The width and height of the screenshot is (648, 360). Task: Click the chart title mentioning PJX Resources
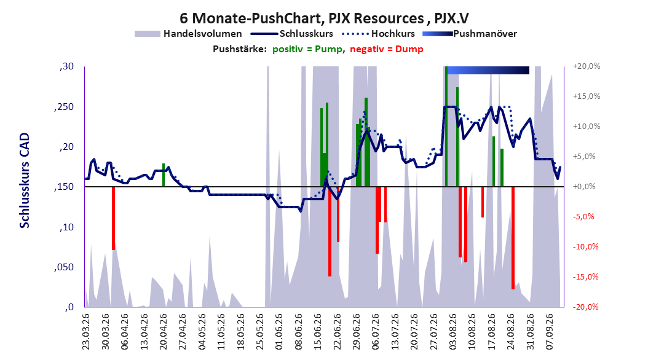(x=324, y=18)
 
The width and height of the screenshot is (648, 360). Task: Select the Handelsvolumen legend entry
(x=189, y=34)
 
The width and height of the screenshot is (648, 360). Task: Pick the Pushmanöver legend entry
(x=470, y=34)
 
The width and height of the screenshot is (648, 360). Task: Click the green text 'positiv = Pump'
(x=307, y=49)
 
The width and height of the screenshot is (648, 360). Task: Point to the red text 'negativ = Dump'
(x=387, y=49)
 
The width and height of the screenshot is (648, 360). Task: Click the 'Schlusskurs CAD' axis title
(x=25, y=181)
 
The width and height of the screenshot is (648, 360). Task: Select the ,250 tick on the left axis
(x=64, y=107)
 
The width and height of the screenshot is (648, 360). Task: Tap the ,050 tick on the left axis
(x=64, y=267)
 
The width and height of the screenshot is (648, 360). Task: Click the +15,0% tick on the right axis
(x=587, y=96)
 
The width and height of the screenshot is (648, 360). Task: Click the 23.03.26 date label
(x=85, y=332)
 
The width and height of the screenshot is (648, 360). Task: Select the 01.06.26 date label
(x=279, y=332)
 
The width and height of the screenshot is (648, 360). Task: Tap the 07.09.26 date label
(x=550, y=332)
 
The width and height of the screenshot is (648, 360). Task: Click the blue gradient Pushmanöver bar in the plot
(x=488, y=70)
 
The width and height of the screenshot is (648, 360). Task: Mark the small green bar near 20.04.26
(x=164, y=175)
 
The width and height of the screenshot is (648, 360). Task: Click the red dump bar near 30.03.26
(x=113, y=218)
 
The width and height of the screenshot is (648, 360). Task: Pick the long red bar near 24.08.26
(x=513, y=238)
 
